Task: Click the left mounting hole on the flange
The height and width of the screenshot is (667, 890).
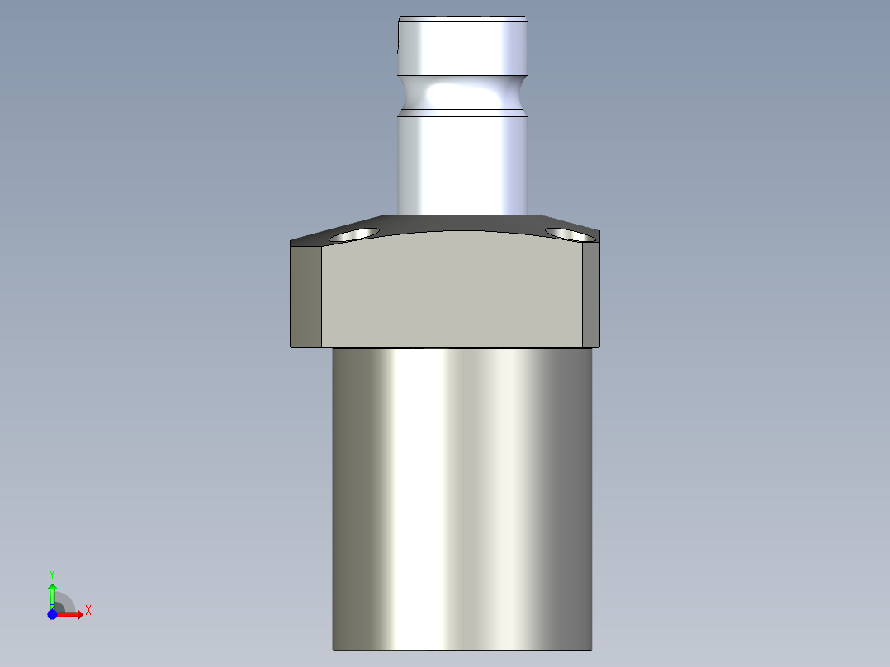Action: (353, 234)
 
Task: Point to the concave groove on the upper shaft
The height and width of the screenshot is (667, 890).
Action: (462, 92)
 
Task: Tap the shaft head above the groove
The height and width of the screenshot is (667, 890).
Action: (462, 45)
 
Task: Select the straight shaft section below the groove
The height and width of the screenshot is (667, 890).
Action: (462, 161)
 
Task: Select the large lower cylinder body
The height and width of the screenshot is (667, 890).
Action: (462, 495)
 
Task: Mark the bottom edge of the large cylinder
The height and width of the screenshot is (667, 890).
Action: (462, 649)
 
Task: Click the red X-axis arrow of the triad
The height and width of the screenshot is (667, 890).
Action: (73, 614)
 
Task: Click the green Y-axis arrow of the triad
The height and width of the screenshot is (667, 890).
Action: (52, 593)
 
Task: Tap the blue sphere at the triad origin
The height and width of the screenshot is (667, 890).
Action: (52, 614)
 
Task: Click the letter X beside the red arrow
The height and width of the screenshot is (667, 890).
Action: (88, 610)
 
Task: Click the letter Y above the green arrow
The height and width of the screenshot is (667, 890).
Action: (52, 573)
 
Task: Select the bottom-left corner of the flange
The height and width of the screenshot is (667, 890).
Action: (291, 346)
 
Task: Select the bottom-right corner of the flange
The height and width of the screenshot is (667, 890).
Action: (599, 345)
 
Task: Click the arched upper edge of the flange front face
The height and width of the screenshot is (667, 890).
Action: (452, 232)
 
